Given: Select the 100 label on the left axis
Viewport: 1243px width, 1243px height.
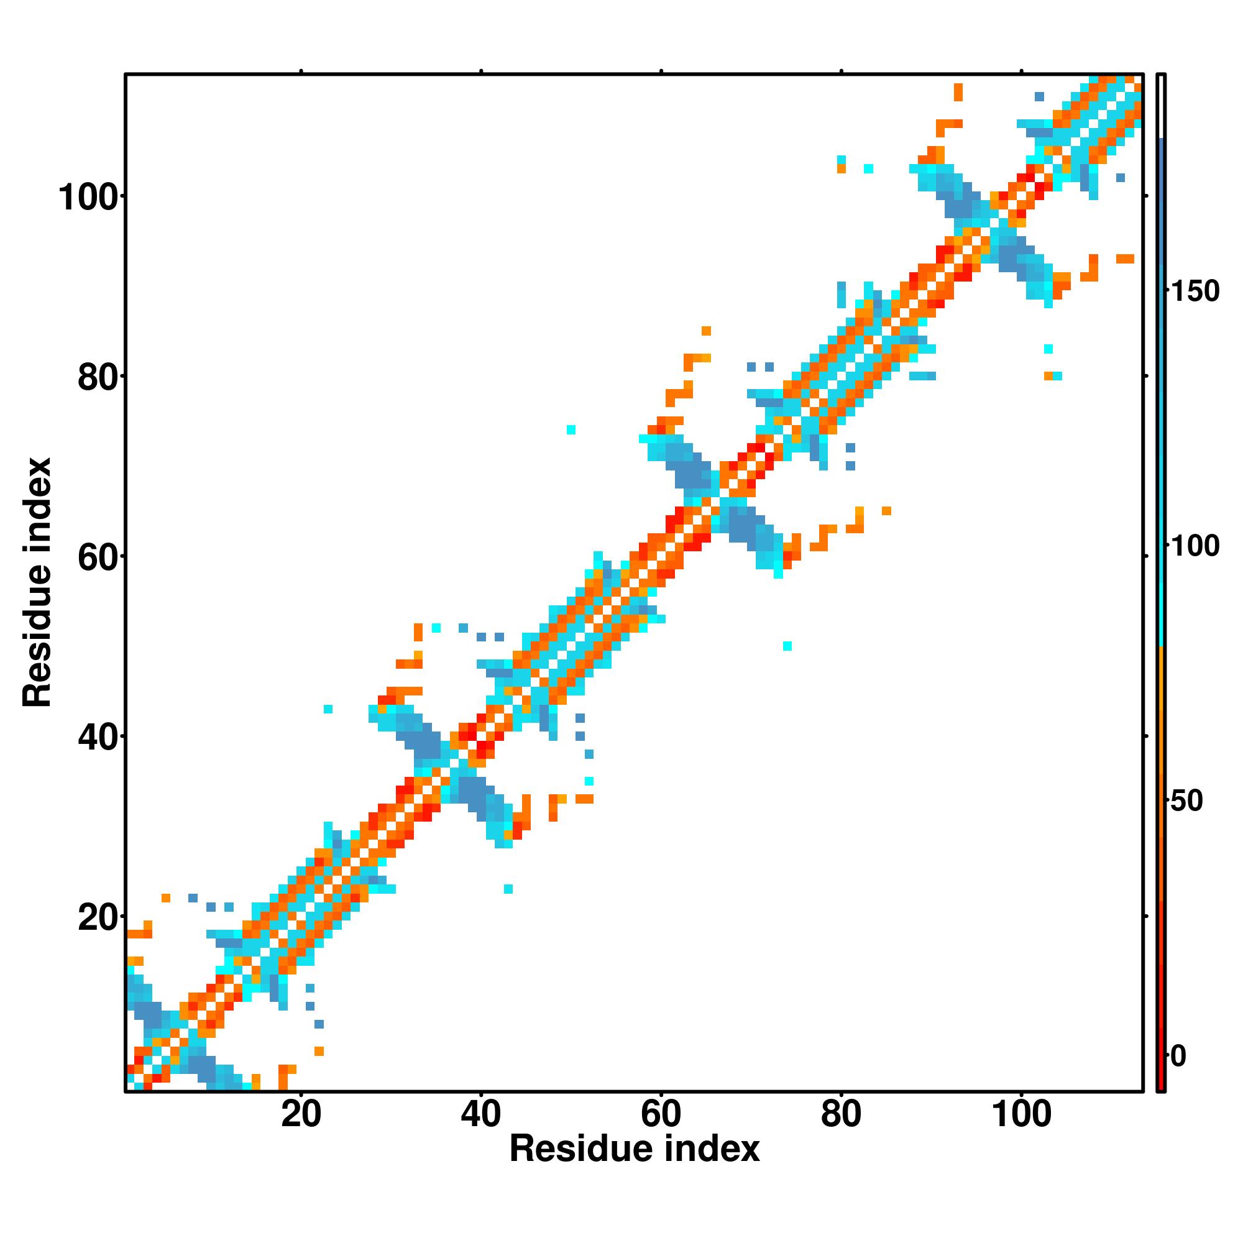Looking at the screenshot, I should tap(91, 198).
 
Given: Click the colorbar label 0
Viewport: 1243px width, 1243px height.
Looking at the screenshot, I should tap(1178, 1056).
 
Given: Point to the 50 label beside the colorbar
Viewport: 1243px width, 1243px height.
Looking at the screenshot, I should tap(1186, 801).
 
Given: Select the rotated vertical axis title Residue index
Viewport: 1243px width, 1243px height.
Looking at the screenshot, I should tap(37, 582).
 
